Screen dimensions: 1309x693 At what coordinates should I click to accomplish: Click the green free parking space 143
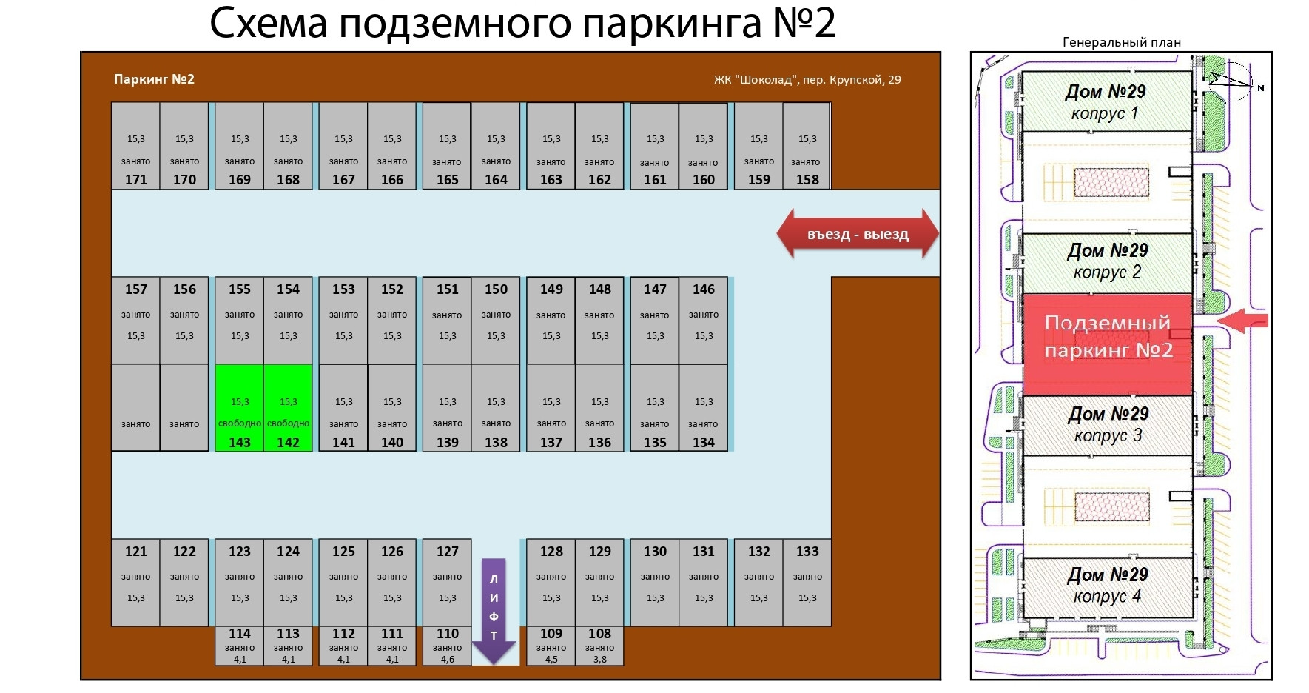239,408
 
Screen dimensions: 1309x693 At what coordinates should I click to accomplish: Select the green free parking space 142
288,408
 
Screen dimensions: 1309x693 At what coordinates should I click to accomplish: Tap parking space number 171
136,147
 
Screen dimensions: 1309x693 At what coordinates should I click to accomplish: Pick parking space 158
807,147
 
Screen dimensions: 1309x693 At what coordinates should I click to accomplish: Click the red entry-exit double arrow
858,235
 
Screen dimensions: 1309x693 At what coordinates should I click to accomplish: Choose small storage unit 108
599,646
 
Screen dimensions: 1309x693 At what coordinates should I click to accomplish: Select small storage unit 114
240,646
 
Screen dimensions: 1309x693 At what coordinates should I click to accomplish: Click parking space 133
807,582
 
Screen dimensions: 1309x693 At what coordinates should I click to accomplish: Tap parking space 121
136,582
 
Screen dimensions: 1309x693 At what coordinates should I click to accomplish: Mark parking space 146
704,320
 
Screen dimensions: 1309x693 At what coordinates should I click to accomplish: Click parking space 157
136,320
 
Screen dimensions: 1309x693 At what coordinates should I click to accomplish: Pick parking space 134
704,408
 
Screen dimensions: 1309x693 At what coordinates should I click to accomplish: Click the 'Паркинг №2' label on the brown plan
154,79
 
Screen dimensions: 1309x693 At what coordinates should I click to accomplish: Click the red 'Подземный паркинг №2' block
1108,344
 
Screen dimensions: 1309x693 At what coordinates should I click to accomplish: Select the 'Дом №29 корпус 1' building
1106,101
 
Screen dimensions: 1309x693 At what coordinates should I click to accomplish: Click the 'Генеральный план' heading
1121,42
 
